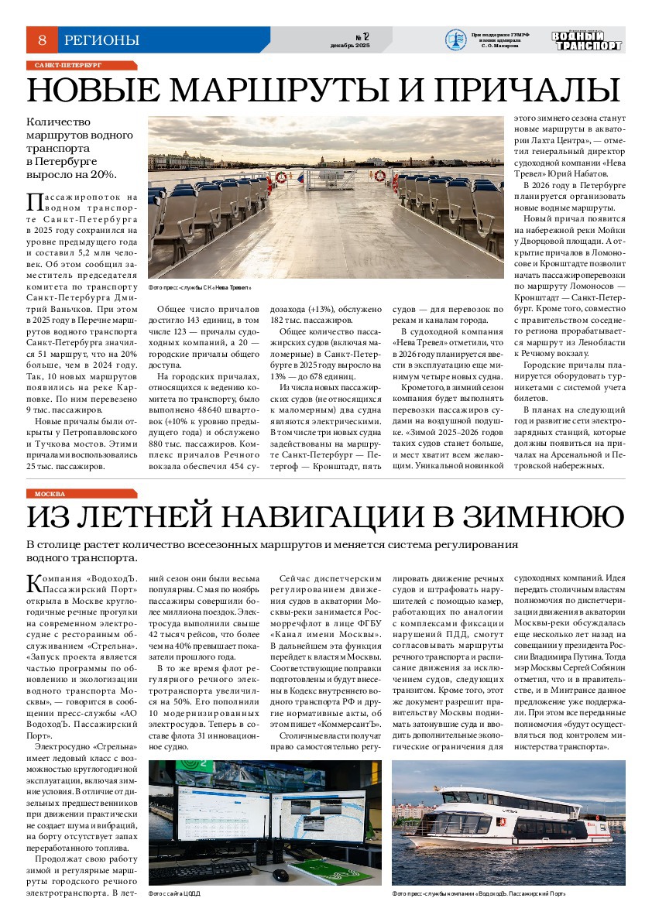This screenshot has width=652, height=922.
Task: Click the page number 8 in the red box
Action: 42,39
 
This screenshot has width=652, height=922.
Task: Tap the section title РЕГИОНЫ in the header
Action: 101,39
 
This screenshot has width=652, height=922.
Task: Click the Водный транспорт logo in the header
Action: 587,40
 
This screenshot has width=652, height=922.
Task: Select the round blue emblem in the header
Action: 455,39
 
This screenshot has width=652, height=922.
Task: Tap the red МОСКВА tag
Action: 82,493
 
